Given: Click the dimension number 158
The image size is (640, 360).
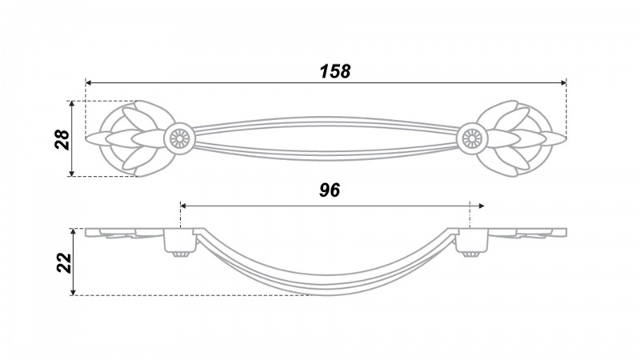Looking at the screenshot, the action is click(x=334, y=71).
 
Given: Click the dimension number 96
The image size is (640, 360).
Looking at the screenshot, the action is click(x=330, y=190).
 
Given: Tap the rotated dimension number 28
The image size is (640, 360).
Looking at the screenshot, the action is click(x=62, y=139).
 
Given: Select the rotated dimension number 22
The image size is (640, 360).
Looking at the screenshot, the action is click(x=64, y=262).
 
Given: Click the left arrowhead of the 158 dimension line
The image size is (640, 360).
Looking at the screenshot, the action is click(x=88, y=83).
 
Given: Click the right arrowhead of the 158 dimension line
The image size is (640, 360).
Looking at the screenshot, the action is click(x=564, y=83).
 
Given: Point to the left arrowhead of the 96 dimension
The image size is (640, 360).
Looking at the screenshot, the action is click(x=183, y=206).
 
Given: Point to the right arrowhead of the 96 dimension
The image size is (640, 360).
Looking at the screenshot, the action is click(x=482, y=206).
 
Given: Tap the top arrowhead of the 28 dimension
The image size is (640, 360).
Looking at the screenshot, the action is click(x=72, y=104).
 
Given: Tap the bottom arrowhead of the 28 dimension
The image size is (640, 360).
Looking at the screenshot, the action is click(x=72, y=174).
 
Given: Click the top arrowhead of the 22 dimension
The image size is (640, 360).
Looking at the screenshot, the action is click(x=73, y=231).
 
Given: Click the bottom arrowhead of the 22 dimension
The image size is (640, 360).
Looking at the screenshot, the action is click(x=73, y=292).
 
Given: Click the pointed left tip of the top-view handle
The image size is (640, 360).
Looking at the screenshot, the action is click(x=86, y=138).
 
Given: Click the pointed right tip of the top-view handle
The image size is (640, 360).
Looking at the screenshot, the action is click(x=566, y=138).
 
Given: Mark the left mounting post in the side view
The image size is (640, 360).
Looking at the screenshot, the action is click(x=179, y=242).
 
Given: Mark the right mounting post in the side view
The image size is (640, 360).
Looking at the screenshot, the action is click(x=472, y=242).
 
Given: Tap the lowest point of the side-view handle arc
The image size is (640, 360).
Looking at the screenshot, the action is click(x=326, y=294).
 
